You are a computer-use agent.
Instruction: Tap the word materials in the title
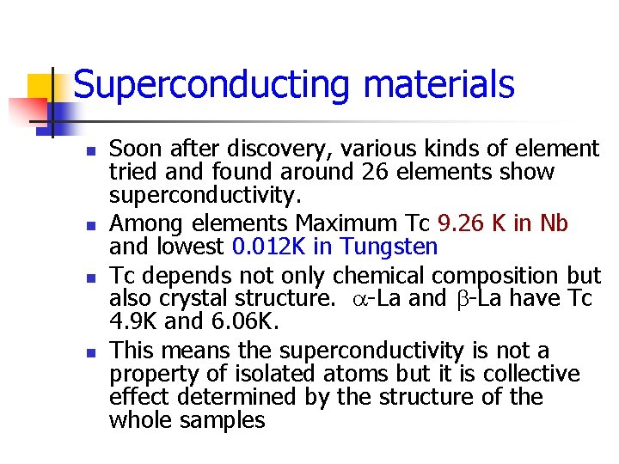point(439,86)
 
